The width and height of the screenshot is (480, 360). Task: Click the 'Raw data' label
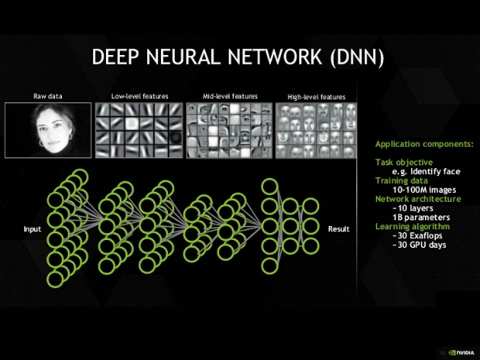[x=48, y=96]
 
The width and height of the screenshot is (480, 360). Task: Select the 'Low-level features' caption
[x=139, y=96]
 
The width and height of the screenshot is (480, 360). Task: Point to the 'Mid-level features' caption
[x=229, y=96]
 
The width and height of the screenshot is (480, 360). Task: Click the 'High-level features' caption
[x=316, y=97]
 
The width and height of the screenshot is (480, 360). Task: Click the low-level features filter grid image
[x=139, y=130]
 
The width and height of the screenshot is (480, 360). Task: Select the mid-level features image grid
[x=229, y=130]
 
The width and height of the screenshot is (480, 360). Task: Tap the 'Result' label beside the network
[x=339, y=229]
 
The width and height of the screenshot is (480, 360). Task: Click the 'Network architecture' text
[x=418, y=199]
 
